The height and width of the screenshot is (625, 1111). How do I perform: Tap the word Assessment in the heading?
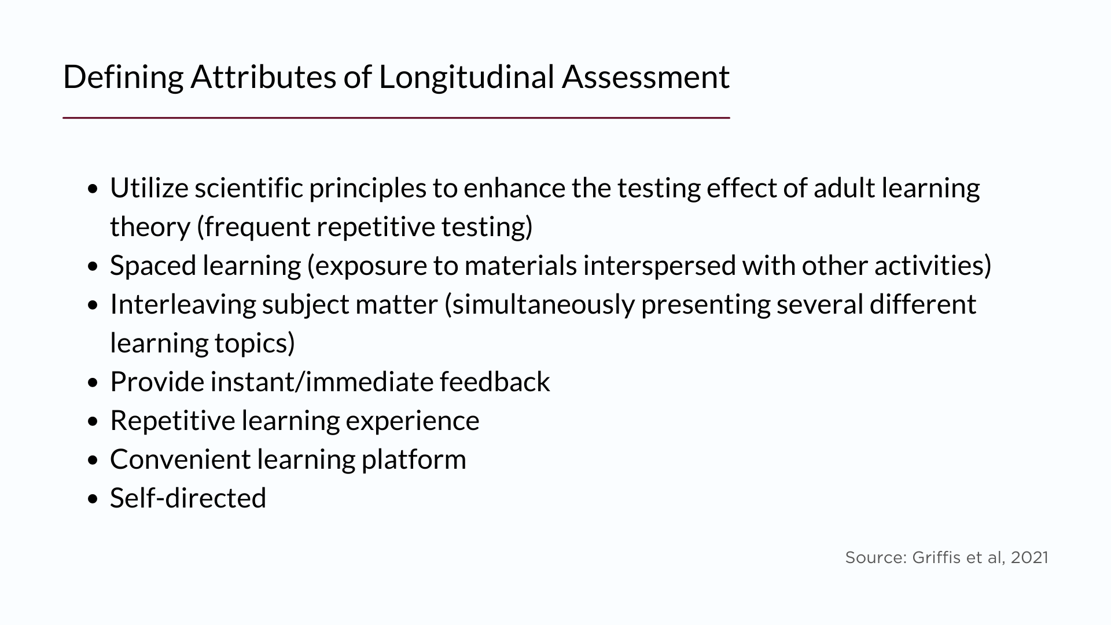point(645,77)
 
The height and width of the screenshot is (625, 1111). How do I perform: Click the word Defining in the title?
point(123,77)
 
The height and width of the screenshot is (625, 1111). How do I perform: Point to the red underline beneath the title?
point(396,117)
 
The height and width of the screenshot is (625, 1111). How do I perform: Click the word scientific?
point(248,188)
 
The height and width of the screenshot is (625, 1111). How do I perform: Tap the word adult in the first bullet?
point(844,188)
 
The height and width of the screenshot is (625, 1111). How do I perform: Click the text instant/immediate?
point(321,382)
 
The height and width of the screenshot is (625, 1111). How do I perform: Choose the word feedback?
point(495,382)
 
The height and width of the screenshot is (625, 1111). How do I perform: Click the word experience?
point(412,421)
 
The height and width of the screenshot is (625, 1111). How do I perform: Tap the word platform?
point(413,459)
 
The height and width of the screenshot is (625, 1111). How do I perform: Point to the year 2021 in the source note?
point(1029,557)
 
